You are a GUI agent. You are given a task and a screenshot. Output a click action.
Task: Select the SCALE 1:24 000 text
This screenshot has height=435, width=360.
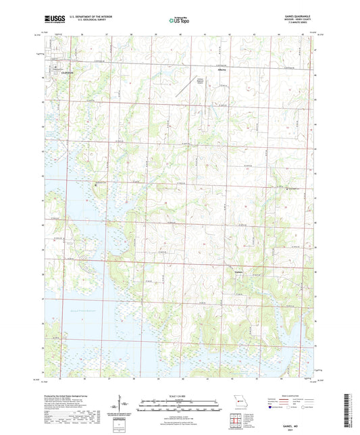click(x=180, y=395)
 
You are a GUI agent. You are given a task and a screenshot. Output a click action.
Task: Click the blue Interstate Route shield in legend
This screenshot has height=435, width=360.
click(x=271, y=407)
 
